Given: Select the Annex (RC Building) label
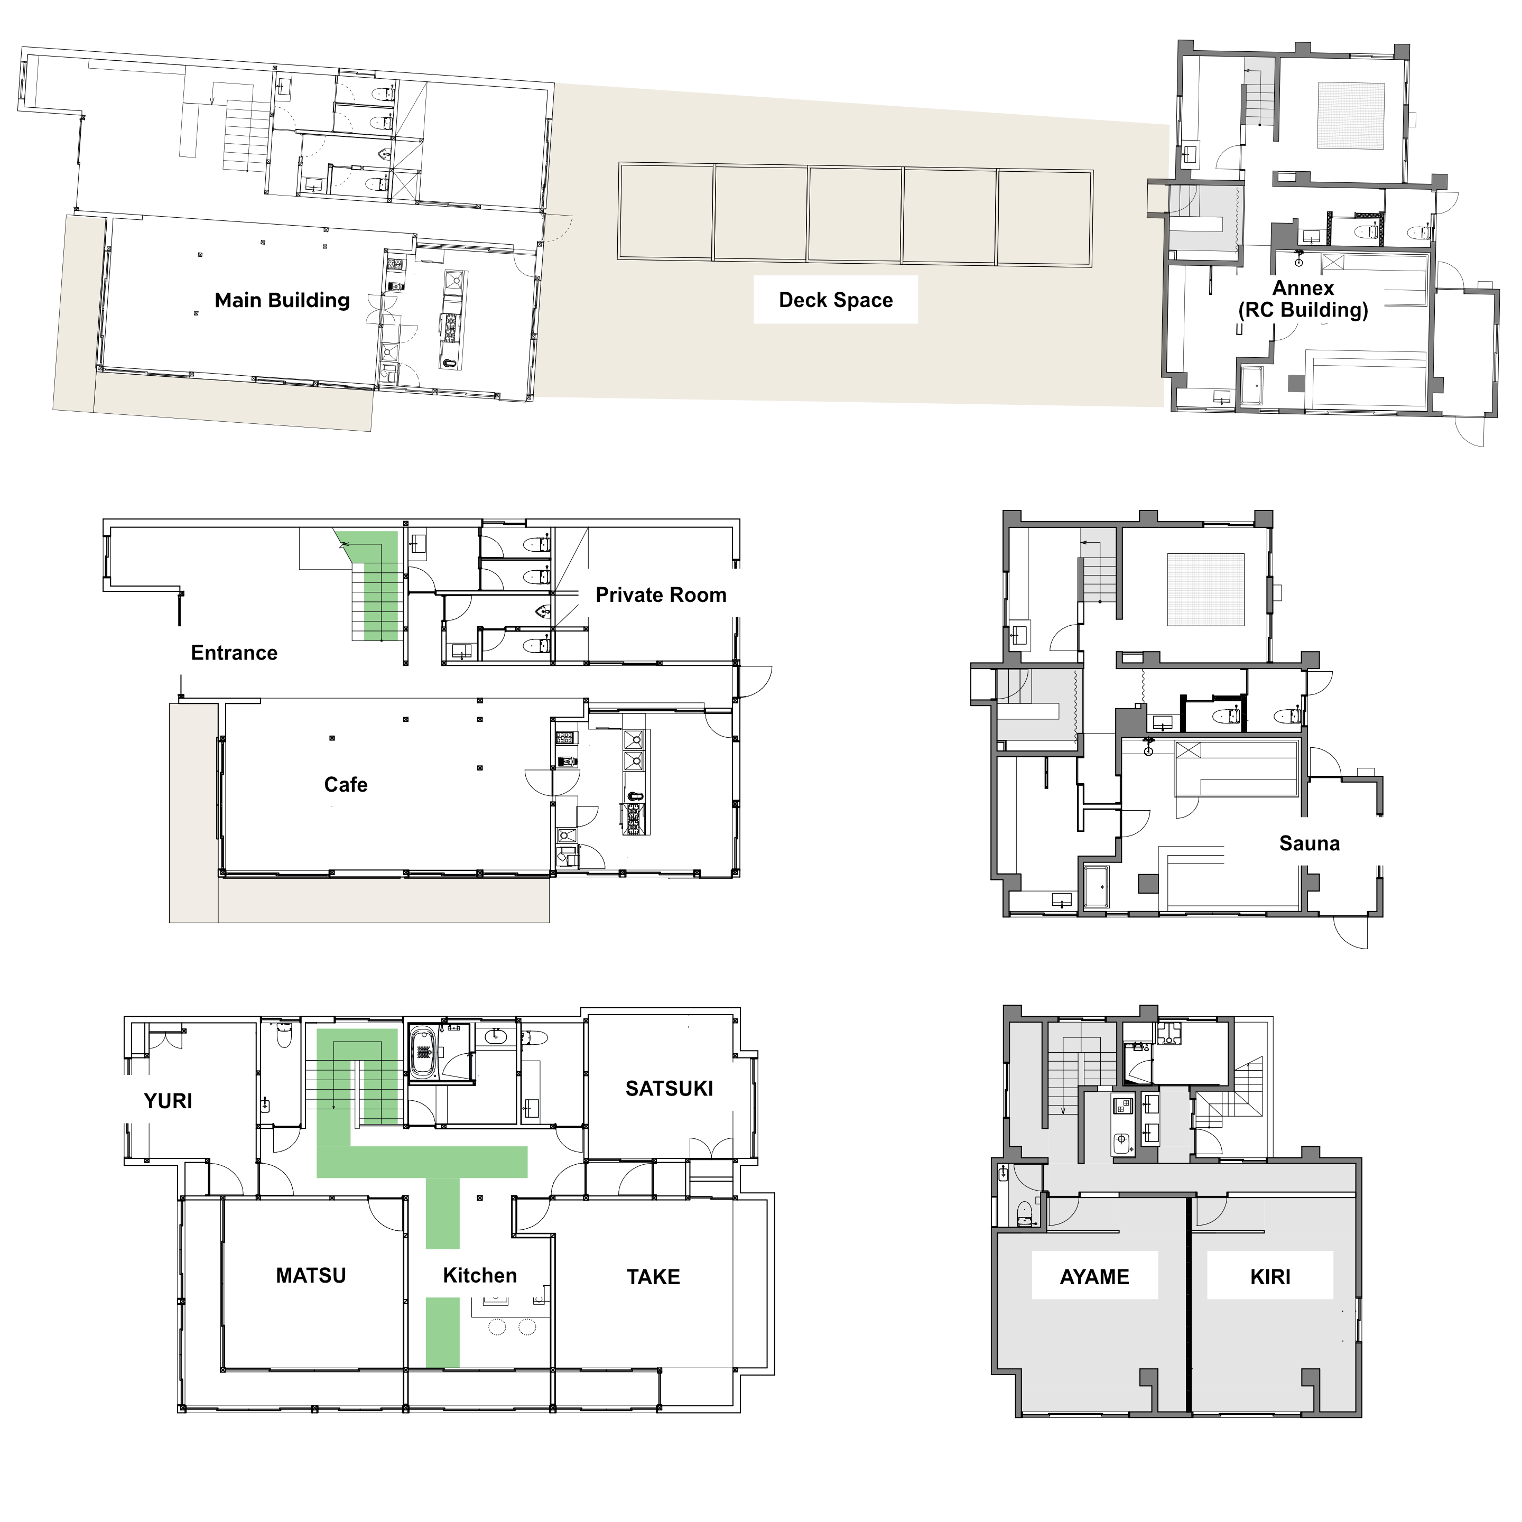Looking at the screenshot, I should click(1302, 299).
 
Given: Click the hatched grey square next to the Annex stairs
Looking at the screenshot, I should click(1350, 116).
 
